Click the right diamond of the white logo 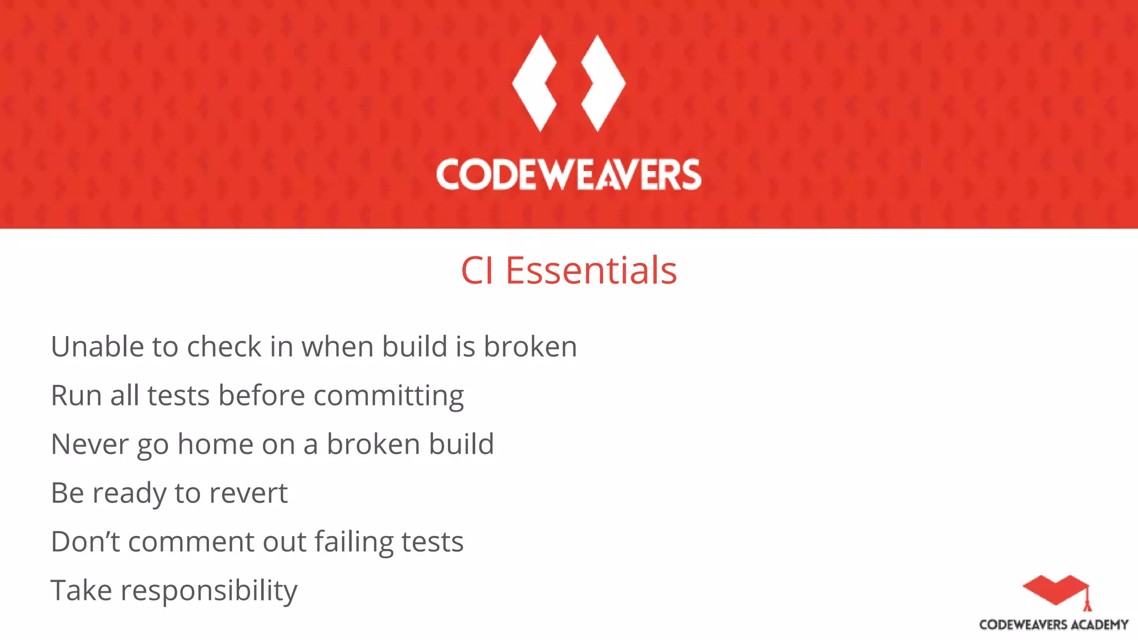coord(604,83)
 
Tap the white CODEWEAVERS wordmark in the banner coord(568,175)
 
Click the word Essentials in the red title coord(591,271)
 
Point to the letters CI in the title coord(477,271)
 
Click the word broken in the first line coord(530,347)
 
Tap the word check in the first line coord(224,347)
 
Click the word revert coord(248,493)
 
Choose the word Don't coord(85,542)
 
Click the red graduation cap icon coord(1056,590)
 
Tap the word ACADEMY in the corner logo coord(1100,625)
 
